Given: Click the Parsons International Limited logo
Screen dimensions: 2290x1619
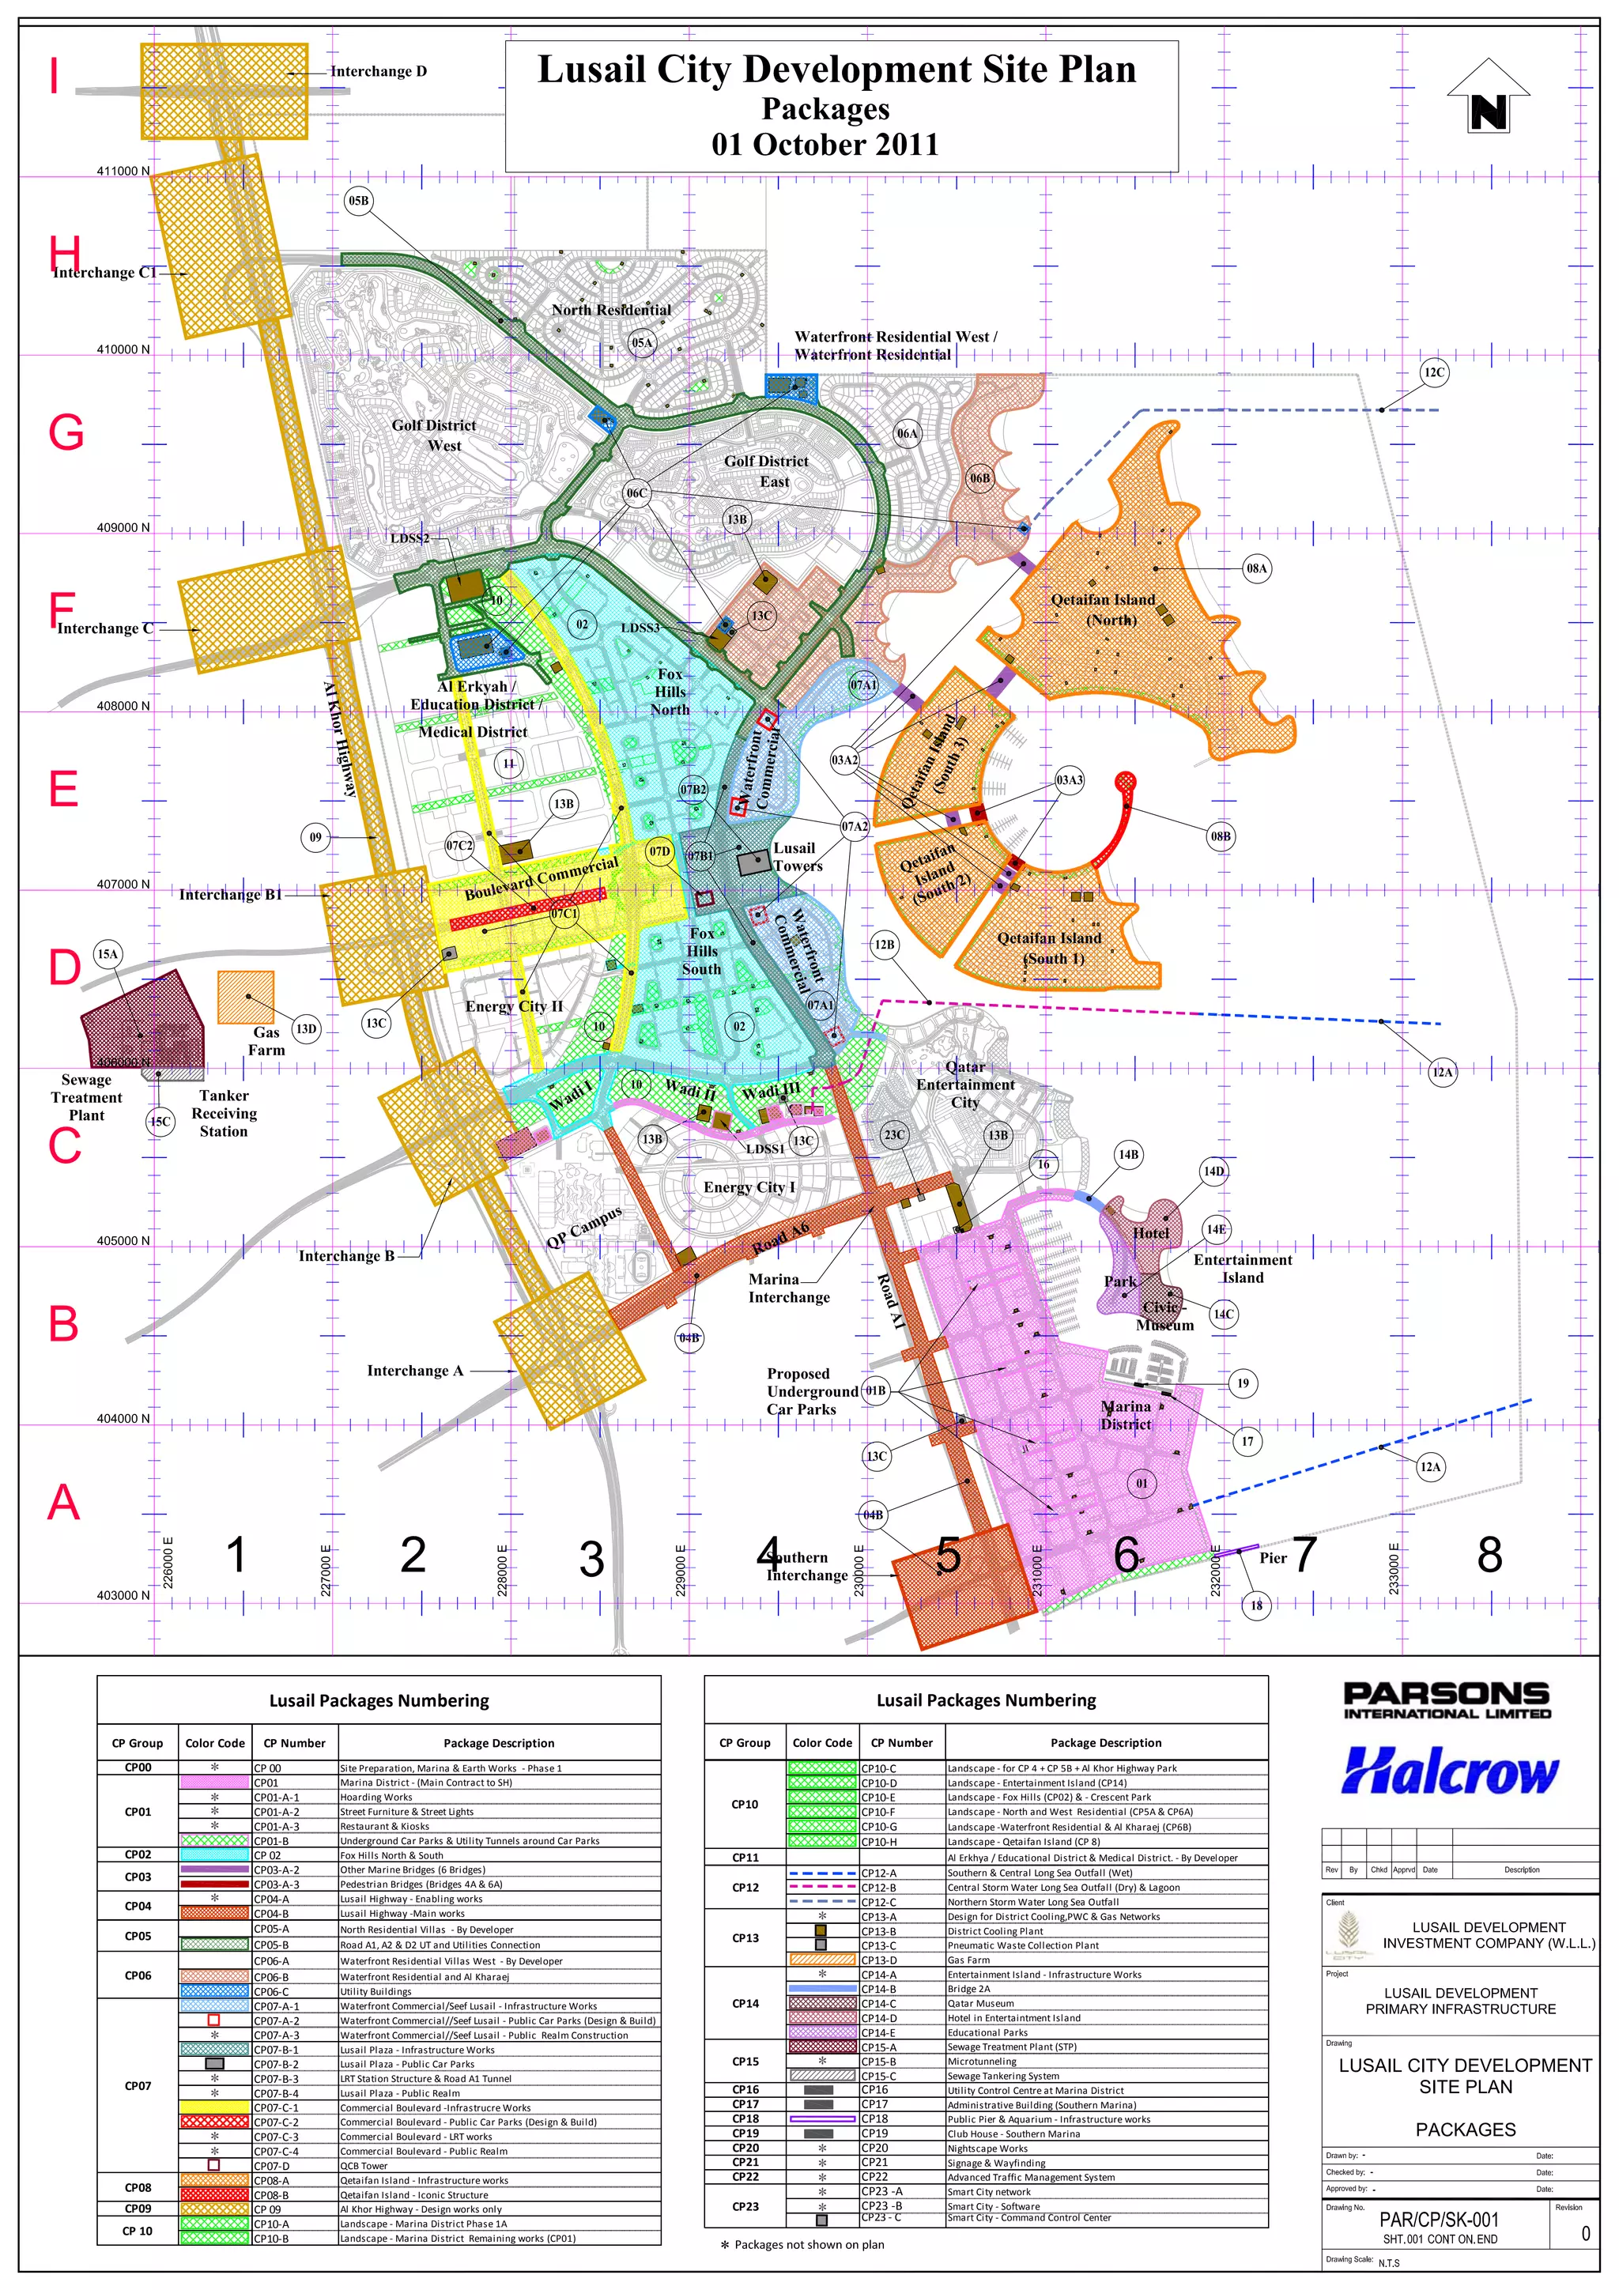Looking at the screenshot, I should [x=1447, y=1700].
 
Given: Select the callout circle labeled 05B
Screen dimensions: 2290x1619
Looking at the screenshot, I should [x=358, y=201].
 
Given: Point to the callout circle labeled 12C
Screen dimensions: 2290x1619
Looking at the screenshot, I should [x=1433, y=373].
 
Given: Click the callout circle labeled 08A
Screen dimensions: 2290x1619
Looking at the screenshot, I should [x=1256, y=568].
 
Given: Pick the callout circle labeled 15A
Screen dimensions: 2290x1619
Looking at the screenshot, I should [x=107, y=955].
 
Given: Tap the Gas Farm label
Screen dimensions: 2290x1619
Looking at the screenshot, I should [x=266, y=1041].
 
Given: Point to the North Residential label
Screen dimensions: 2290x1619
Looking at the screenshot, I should [x=612, y=310].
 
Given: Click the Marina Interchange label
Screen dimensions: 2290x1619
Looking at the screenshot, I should [x=788, y=1288].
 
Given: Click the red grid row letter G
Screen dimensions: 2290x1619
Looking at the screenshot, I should [x=66, y=433].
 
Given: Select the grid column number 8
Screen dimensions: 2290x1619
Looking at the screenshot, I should [x=1489, y=1555].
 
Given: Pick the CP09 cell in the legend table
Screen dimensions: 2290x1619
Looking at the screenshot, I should [x=138, y=2209].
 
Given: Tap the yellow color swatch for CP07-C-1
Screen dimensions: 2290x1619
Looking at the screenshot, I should [x=213, y=2107].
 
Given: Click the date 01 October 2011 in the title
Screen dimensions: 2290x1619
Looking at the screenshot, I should [x=825, y=145].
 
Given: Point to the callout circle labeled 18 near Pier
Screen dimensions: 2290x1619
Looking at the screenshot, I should [x=1256, y=1605].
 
